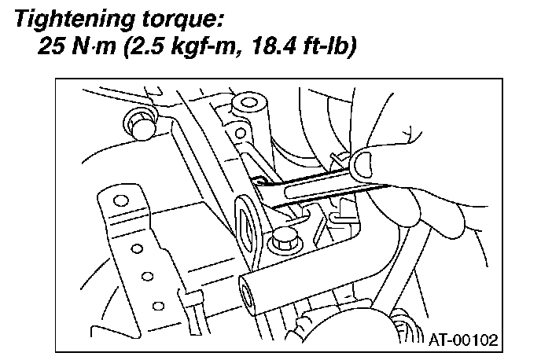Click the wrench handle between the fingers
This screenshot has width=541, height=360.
[x=330, y=189]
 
